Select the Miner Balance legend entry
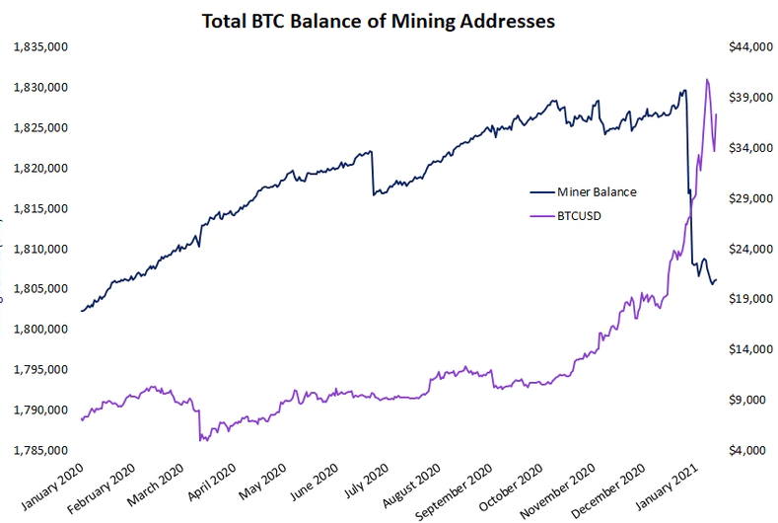click(x=597, y=191)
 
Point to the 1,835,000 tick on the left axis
click(x=39, y=46)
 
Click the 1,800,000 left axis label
click(x=39, y=329)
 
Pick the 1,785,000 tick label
click(x=39, y=450)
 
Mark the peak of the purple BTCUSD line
click(x=707, y=80)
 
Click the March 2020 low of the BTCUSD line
click(x=201, y=439)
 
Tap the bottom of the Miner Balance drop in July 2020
click(x=373, y=194)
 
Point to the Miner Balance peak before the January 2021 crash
click(x=683, y=91)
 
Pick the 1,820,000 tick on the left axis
click(x=39, y=168)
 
